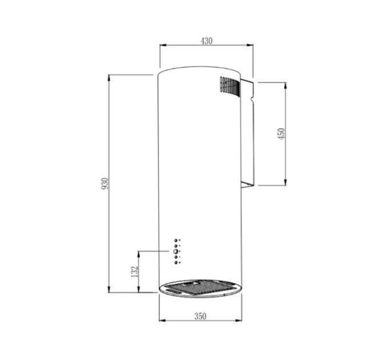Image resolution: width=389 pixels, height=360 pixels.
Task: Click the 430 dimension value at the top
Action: click(x=207, y=41)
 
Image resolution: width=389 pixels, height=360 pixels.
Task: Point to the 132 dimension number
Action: click(x=134, y=271)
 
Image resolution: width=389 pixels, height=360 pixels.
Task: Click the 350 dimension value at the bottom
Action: click(x=200, y=316)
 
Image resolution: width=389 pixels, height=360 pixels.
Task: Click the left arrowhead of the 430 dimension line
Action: click(x=161, y=46)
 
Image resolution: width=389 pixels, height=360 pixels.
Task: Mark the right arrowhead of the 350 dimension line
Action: click(x=240, y=321)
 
